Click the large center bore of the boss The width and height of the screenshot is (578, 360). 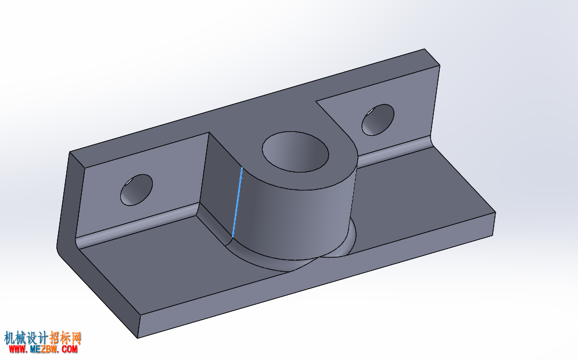pyautogui.click(x=295, y=151)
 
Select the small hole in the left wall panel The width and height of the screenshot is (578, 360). pyautogui.click(x=137, y=190)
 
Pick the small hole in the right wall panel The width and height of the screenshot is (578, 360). pyautogui.click(x=378, y=120)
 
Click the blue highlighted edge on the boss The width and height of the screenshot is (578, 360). pyautogui.click(x=238, y=203)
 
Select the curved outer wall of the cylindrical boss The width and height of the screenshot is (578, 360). pyautogui.click(x=295, y=221)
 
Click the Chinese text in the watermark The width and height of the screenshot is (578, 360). pyautogui.click(x=43, y=337)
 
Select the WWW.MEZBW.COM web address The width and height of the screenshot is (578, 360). pyautogui.click(x=44, y=349)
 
